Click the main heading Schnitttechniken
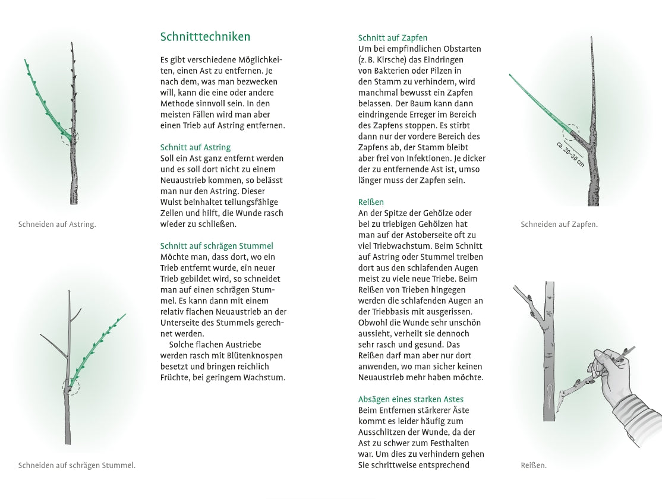point(205,37)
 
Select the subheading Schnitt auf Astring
point(196,147)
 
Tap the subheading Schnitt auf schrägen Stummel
point(216,246)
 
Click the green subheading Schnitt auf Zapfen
point(393,38)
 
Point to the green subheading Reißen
point(371,202)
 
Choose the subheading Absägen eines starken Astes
point(411,399)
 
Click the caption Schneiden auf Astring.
point(57,225)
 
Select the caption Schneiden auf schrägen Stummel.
point(77,465)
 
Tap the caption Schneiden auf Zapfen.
point(559,225)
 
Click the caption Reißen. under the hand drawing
point(534,466)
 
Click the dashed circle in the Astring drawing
point(70,137)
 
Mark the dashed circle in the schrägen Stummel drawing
point(70,387)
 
